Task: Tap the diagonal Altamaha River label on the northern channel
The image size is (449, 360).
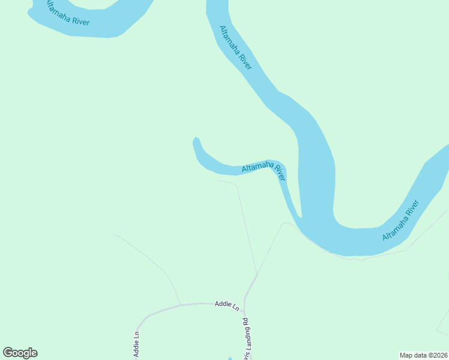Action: click(236, 48)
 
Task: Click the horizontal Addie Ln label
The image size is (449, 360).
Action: click(227, 305)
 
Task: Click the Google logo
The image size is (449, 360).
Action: click(20, 353)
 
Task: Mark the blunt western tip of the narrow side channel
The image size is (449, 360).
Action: click(195, 140)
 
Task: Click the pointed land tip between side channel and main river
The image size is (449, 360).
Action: click(300, 216)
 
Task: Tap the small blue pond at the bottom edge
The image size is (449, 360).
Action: click(231, 358)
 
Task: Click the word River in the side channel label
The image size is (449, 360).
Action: click(280, 173)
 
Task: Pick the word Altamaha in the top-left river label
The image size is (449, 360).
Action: click(58, 13)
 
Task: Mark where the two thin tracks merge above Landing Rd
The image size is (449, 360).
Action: click(258, 274)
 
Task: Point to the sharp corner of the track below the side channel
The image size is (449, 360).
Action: click(237, 185)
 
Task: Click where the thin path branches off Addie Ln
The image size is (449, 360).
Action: click(181, 304)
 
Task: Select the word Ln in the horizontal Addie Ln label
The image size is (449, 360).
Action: click(236, 307)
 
